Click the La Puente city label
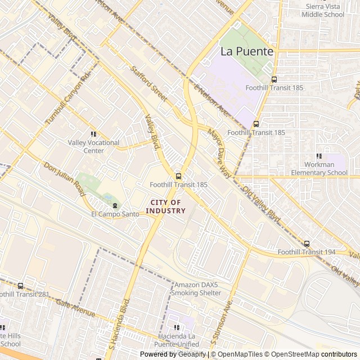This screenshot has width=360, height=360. [246, 51]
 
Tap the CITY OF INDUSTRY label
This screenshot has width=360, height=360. [165, 206]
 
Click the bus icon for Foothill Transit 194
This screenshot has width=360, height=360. [307, 244]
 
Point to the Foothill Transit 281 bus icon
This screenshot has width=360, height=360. [21, 286]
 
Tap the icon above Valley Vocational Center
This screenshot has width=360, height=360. [93, 134]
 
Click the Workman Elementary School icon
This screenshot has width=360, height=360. [319, 156]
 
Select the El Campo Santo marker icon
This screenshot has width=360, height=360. [115, 205]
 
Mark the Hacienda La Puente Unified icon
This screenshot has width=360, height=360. [177, 327]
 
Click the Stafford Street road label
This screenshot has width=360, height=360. [148, 84]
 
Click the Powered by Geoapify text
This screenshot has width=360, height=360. [173, 354]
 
